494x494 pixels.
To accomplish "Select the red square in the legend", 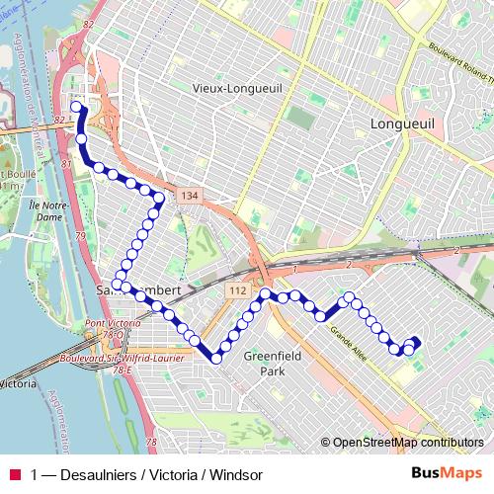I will (x=14, y=474).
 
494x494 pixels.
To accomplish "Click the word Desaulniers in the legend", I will (x=97, y=474).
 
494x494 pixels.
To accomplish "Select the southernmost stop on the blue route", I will (x=215, y=359).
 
